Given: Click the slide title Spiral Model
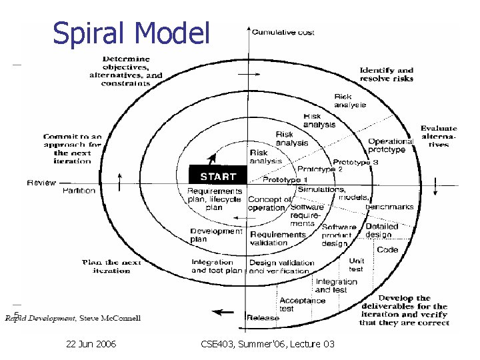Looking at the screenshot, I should [131, 33].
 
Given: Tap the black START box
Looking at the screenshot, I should [218, 176].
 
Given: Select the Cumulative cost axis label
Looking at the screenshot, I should [283, 32].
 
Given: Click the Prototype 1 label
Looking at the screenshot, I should [285, 180].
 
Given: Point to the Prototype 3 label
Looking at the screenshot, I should [355, 162].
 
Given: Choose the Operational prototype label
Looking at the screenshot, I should [390, 145].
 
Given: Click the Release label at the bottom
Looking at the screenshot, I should [263, 318].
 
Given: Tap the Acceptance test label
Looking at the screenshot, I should [302, 305].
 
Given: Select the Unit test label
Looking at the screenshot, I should [357, 265].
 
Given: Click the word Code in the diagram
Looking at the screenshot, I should [387, 250].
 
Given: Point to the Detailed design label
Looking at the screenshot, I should [382, 231].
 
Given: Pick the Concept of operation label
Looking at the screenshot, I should [269, 203].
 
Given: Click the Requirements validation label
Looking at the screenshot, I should [277, 239].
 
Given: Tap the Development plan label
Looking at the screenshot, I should [216, 235].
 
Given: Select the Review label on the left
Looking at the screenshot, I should [41, 183].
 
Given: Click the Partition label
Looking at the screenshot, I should [79, 191].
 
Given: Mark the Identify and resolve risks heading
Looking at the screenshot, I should [386, 74].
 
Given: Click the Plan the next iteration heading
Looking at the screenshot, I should [111, 267].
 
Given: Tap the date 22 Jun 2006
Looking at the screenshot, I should [91, 344].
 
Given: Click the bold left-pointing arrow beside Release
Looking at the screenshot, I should [223, 312].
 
